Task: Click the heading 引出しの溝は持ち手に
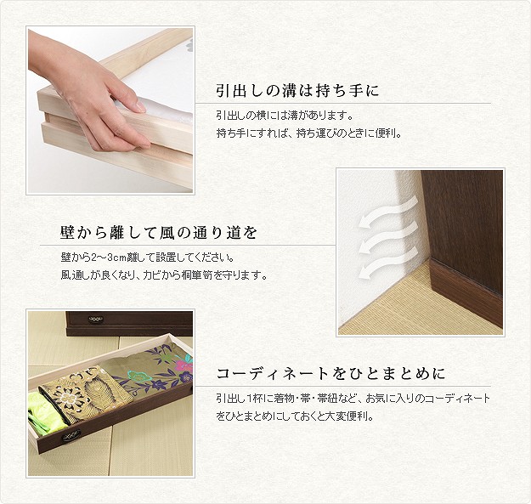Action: pyautogui.click(x=297, y=90)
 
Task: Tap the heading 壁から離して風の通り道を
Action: pyautogui.click(x=159, y=233)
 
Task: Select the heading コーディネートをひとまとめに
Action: pyautogui.click(x=330, y=374)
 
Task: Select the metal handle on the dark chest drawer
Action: pyautogui.click(x=95, y=319)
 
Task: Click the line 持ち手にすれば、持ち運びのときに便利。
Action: pyautogui.click(x=309, y=133)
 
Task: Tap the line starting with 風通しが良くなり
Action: pyautogui.click(x=164, y=275)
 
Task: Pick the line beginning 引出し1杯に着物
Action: pyautogui.click(x=353, y=399)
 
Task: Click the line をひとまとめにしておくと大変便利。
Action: pyautogui.click(x=295, y=416)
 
